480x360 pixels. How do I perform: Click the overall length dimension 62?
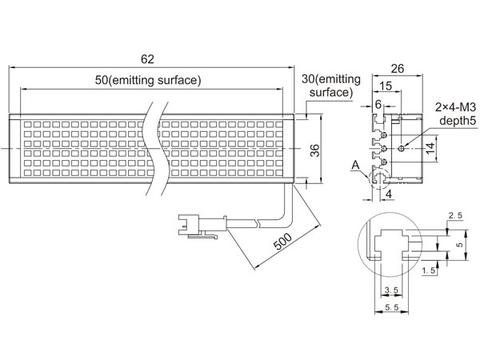(x=147, y=59)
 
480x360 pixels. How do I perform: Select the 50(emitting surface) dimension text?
(x=148, y=80)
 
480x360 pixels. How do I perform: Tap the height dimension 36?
(x=314, y=150)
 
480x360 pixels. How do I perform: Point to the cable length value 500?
(x=282, y=242)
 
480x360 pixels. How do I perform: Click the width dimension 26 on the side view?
(x=398, y=69)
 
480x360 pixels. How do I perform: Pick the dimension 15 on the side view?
(x=386, y=86)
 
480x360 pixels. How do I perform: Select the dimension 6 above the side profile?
(x=378, y=105)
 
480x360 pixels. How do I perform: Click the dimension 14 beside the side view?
(x=430, y=149)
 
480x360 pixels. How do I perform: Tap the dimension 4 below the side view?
(x=389, y=194)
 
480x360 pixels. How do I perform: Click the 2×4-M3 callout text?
(x=455, y=107)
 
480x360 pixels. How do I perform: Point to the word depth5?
(x=458, y=121)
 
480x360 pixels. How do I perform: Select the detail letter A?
(x=355, y=166)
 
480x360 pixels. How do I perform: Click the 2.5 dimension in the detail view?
(x=455, y=215)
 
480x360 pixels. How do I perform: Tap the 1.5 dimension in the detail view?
(x=429, y=270)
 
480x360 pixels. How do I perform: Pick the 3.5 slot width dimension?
(x=391, y=290)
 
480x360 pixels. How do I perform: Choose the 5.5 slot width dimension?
(x=392, y=307)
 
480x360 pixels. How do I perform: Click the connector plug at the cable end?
(x=202, y=226)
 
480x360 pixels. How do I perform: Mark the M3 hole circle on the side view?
(x=402, y=149)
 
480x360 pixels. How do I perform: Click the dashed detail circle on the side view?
(x=379, y=179)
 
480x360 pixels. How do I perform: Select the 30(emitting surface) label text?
(x=331, y=86)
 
